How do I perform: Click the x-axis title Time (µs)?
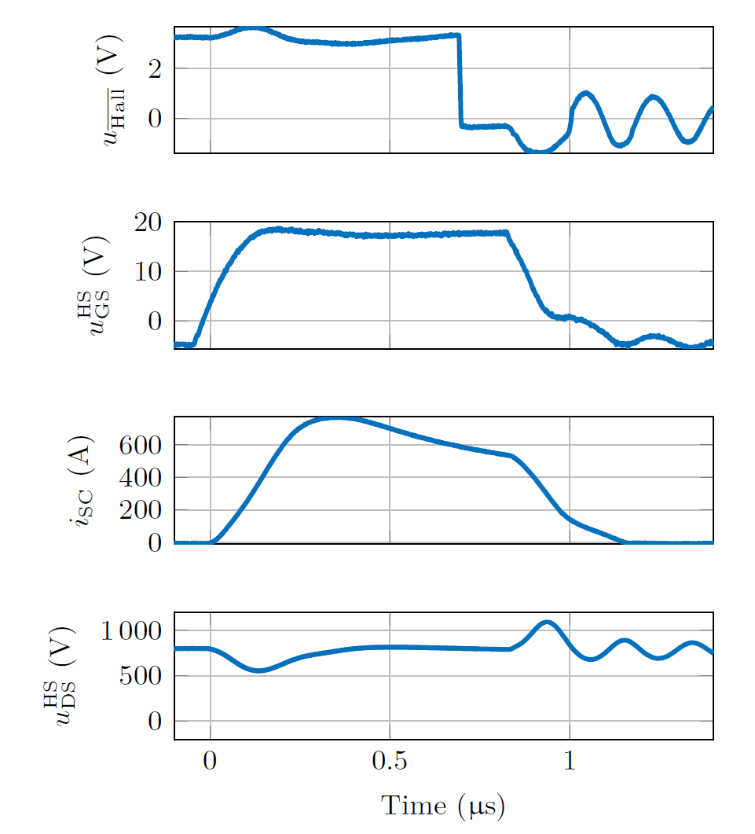click(442, 806)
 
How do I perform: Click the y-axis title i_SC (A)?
click(81, 479)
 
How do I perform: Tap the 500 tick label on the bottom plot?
click(141, 676)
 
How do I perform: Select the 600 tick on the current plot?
click(141, 445)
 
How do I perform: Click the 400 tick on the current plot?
click(141, 478)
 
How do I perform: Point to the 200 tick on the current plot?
click(141, 510)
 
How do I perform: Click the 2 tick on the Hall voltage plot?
click(156, 69)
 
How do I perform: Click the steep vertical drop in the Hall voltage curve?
click(460, 79)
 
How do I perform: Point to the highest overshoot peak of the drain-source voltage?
click(547, 623)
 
